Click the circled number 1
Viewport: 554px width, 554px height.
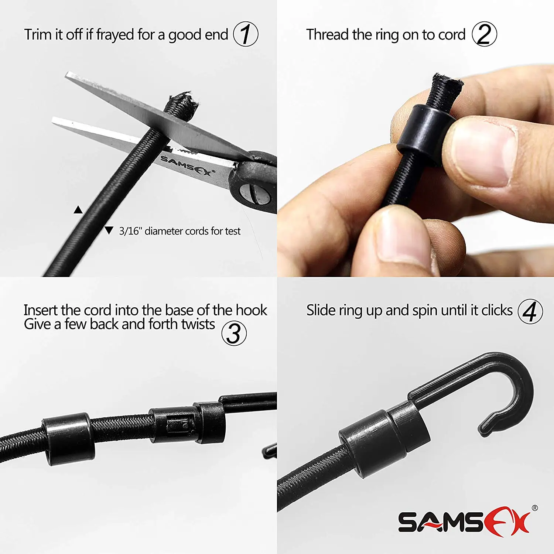click(x=246, y=34)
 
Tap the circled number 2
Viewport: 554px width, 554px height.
click(x=484, y=34)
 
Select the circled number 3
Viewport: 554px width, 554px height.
click(x=234, y=334)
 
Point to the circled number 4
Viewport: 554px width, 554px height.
click(x=530, y=311)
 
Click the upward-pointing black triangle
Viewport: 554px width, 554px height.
click(x=78, y=210)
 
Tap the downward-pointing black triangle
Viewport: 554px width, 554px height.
click(x=109, y=230)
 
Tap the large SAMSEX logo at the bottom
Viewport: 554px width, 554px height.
click(x=464, y=523)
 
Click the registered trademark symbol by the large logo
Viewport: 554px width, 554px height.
click(x=534, y=508)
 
